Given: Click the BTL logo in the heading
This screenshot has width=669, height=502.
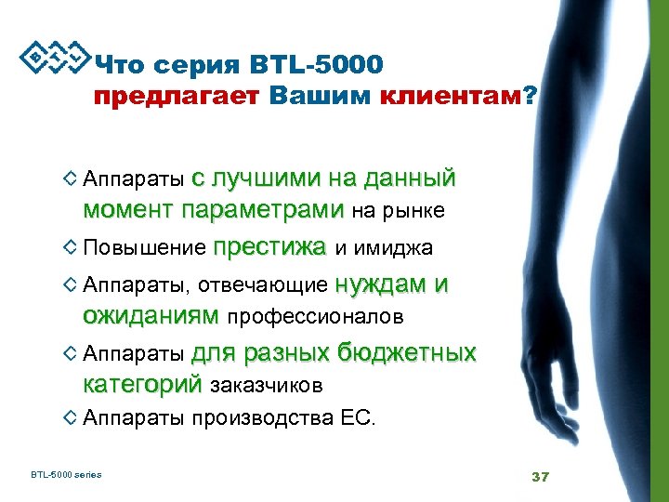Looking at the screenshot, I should pos(54,59).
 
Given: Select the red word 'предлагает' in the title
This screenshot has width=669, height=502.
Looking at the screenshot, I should pos(179,97).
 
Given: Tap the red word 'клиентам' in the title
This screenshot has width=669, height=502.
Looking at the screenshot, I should pos(452,97).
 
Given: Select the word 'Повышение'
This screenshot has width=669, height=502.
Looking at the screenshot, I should pos(144,248).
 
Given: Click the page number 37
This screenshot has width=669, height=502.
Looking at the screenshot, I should pos(540,477).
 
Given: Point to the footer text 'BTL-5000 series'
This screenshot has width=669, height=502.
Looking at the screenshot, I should pos(66,475).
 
